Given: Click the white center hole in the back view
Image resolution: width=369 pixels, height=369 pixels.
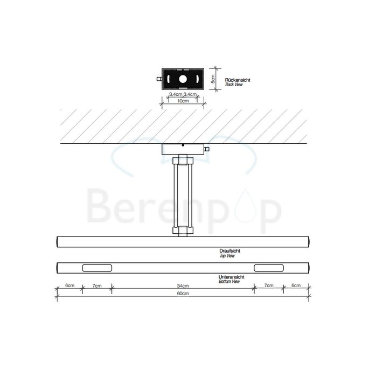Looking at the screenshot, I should coord(182,79).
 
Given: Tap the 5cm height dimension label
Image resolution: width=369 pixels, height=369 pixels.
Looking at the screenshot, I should coord(213,79).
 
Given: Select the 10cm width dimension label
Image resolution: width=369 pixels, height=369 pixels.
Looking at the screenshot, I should coord(182,101).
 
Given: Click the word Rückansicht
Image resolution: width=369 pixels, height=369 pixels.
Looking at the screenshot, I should coord(237,80).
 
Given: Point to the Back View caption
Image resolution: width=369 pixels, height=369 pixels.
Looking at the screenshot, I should coord(233,85).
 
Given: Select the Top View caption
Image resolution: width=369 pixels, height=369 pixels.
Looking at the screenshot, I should coord(227,256).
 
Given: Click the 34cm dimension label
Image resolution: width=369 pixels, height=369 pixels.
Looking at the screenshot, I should coord(182,286).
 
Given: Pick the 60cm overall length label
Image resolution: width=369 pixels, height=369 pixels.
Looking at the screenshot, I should coord(182,294).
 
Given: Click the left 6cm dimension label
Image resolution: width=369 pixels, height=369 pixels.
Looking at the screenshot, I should coord(69,286).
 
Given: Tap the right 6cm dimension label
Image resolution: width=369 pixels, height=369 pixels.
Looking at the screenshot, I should coord(295,286).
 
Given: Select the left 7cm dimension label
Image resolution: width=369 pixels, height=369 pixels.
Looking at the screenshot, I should coord(97,286).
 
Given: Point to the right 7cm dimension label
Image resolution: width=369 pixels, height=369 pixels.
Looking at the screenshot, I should coord(267,286).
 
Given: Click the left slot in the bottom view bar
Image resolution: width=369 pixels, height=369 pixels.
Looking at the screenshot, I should coord(97,268).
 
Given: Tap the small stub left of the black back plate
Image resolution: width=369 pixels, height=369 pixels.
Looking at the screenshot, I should coord(159,79).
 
